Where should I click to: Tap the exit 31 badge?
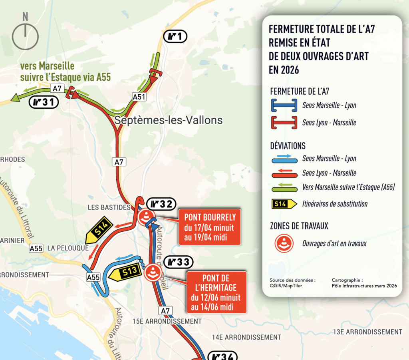coord(44,103)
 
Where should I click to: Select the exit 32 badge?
coord(161,204)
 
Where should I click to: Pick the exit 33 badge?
coord(178,263)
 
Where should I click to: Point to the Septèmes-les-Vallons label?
coord(168,120)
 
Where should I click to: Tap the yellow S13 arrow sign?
coord(125,273)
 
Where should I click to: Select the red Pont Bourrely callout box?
coord(210,227)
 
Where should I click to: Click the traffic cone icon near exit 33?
coord(153,273)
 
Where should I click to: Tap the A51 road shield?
coord(139,97)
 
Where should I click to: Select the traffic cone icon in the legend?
coord(284,244)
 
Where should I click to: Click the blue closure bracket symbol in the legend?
coord(284,105)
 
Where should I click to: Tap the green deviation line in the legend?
coord(284,187)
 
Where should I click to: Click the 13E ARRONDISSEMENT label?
coord(367,332)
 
